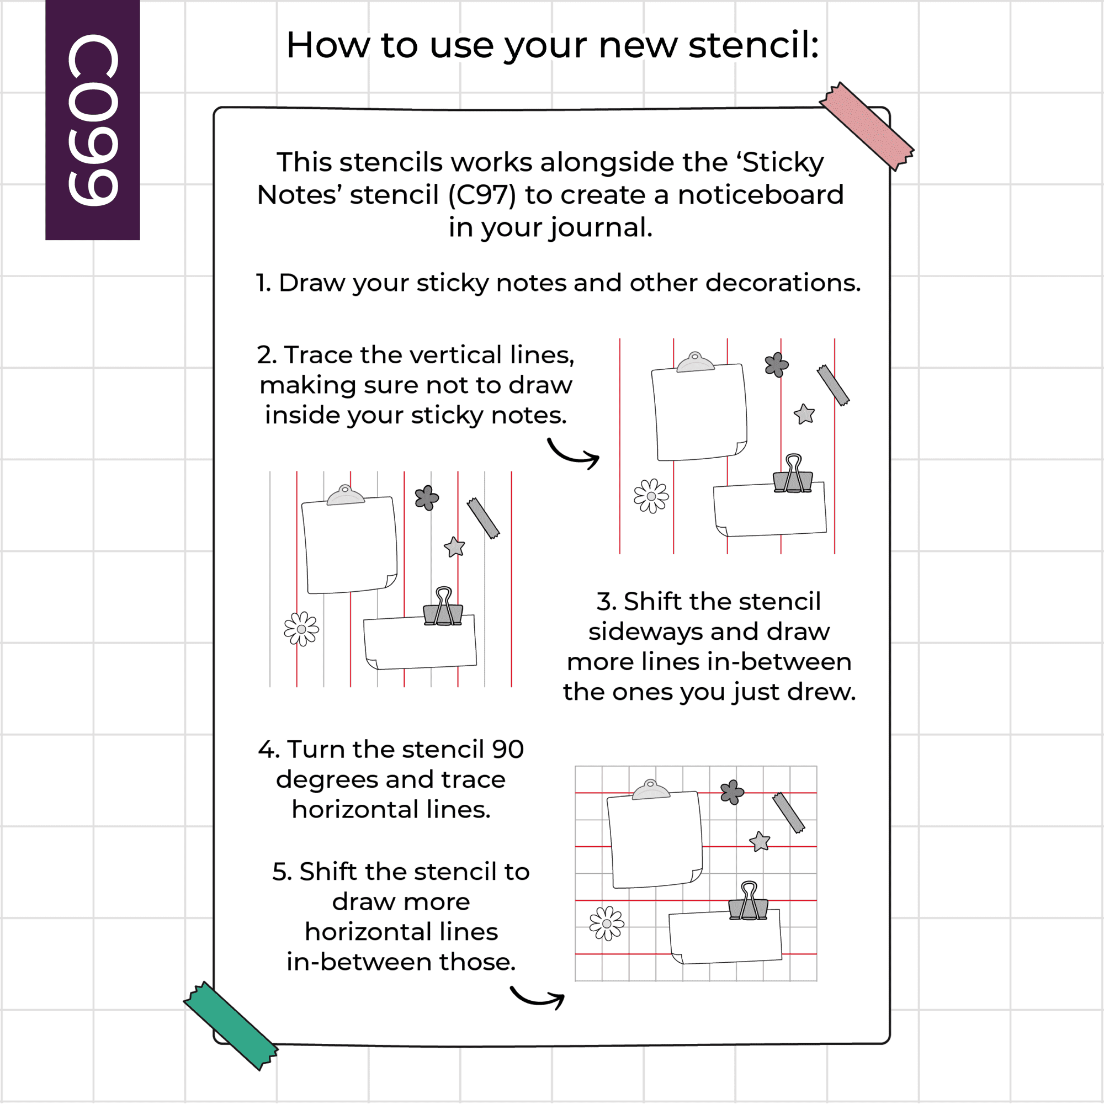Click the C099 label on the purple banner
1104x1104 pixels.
point(93,119)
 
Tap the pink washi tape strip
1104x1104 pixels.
point(866,126)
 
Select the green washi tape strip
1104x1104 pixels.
point(230,1026)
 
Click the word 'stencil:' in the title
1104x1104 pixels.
point(753,45)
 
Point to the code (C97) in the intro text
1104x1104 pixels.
point(482,195)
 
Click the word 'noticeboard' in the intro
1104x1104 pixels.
point(761,195)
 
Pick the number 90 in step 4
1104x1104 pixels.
point(508,749)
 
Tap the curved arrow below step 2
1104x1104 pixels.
point(573,454)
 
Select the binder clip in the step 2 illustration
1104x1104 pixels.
point(793,474)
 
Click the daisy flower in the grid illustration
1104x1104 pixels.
point(607,923)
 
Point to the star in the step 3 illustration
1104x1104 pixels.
point(454,547)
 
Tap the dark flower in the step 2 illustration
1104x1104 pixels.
point(777,364)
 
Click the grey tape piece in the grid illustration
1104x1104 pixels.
point(789,813)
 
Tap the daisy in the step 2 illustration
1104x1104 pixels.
point(651,496)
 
